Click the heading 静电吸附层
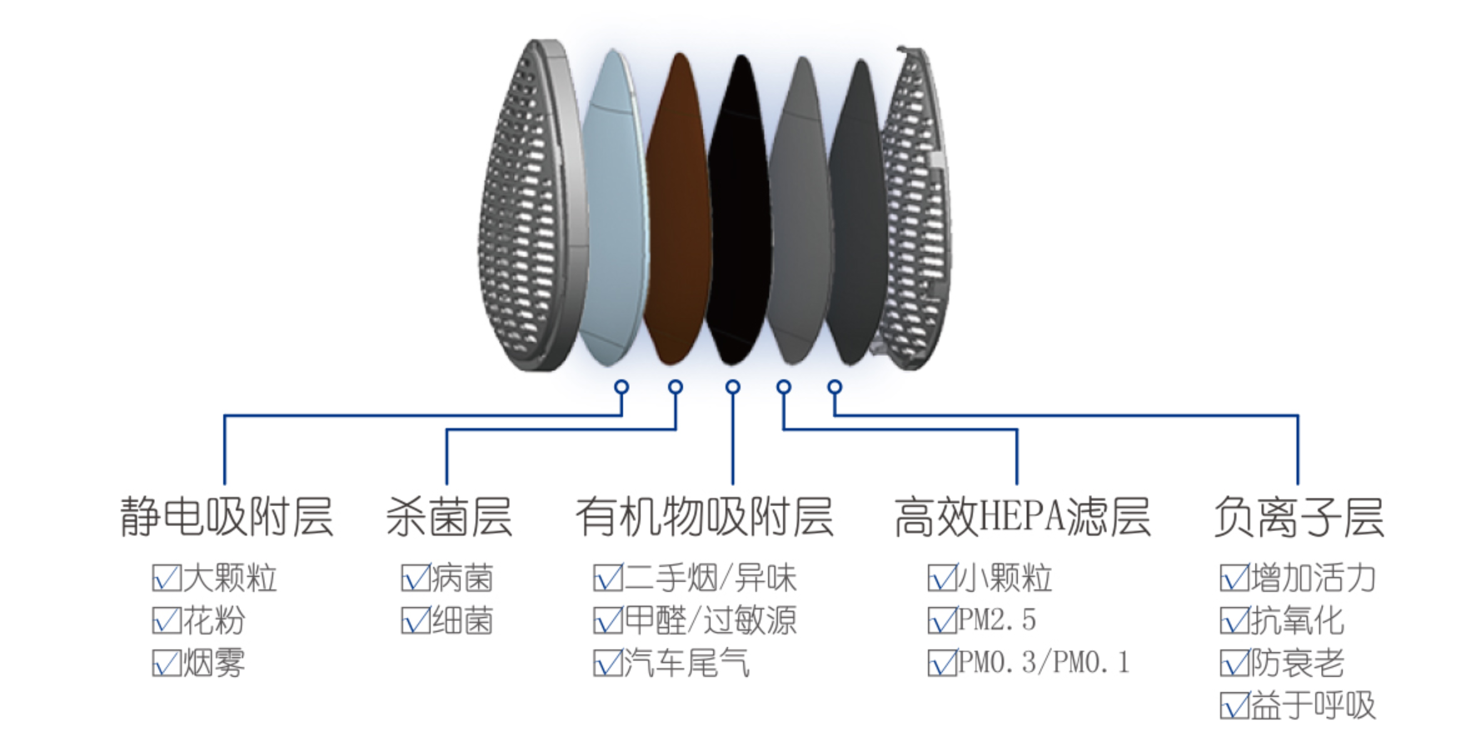[x=227, y=517]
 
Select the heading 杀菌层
[x=448, y=517]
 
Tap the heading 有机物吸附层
[x=704, y=517]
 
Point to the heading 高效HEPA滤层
[x=1022, y=517]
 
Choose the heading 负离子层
[x=1298, y=517]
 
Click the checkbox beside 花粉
[x=167, y=621]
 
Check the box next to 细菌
[x=416, y=621]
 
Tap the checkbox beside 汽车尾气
[x=607, y=664]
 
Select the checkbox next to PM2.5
[x=942, y=621]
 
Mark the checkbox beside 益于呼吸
[x=1234, y=706]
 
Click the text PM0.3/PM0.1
[x=1044, y=663]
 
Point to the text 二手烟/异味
[x=711, y=578]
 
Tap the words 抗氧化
[x=1297, y=621]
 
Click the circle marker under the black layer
[x=733, y=387]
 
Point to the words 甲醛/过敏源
[x=711, y=621]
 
